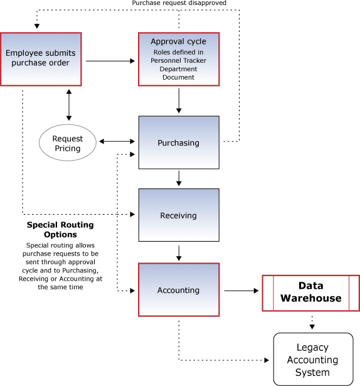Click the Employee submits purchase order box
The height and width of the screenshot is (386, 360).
[x=41, y=59]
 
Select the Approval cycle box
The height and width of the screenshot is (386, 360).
[x=179, y=59]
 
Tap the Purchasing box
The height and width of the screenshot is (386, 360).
[x=179, y=142]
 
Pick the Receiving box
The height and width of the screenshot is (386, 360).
[x=179, y=215]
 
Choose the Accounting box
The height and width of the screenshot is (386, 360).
[x=179, y=290]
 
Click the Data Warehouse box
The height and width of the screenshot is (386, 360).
[x=311, y=293]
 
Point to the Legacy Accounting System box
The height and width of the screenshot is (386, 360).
[x=313, y=359]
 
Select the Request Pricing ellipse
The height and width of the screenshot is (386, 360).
[x=68, y=142]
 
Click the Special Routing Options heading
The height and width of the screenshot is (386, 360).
[x=60, y=230]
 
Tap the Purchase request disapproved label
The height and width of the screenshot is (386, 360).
[x=179, y=3]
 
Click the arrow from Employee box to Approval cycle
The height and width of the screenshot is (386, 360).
[x=110, y=61]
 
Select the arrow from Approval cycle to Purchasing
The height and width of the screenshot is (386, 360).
[x=179, y=100]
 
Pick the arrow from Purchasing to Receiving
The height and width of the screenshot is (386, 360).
[x=179, y=178]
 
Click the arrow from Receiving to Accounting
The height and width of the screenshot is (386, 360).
[x=179, y=253]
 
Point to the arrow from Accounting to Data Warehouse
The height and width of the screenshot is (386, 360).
[x=241, y=291]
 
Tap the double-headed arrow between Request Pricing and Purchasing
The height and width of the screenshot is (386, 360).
[x=117, y=141]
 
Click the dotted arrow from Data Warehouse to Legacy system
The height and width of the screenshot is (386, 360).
[x=312, y=323]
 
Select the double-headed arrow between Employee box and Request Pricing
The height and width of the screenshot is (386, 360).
[x=69, y=105]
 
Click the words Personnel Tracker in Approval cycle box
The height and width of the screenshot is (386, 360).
[x=178, y=60]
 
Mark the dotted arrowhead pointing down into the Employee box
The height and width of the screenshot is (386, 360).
[x=37, y=26]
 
